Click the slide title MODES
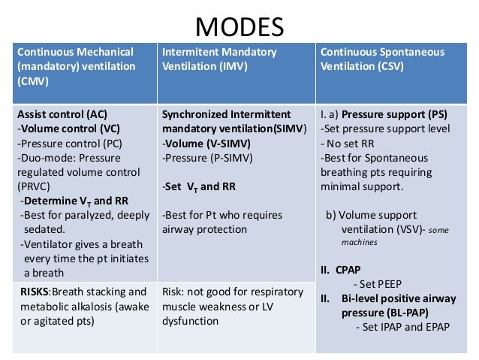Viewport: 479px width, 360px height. (239, 27)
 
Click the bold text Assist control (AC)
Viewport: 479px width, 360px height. (62, 114)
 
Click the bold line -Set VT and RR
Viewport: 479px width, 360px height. (200, 186)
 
